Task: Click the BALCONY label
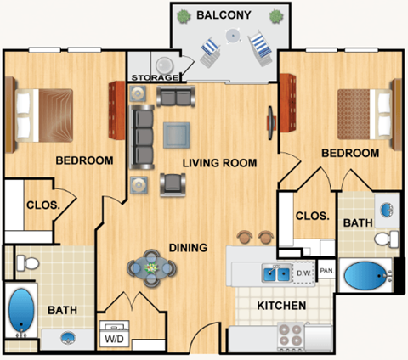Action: tap(224, 15)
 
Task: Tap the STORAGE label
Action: tap(155, 78)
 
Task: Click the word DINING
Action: tap(187, 248)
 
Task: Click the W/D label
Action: tap(113, 339)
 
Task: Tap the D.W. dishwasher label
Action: tap(303, 273)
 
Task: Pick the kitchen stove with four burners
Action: tap(290, 335)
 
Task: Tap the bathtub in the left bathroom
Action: tap(20, 312)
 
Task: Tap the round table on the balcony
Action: tap(229, 36)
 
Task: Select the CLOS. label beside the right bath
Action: tap(312, 216)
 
